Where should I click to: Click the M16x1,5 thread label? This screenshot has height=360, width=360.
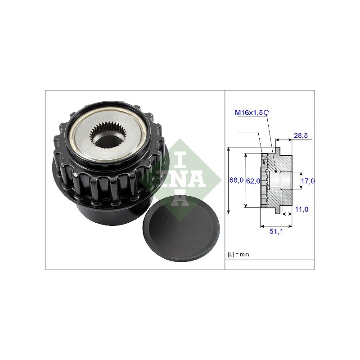[249, 112]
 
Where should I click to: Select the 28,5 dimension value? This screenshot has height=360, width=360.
[301, 135]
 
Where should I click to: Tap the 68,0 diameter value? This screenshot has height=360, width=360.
[236, 180]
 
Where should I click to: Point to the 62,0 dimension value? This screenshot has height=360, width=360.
[253, 181]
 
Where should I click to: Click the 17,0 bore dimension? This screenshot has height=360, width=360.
[308, 181]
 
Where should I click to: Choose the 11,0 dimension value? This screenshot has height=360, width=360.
[301, 209]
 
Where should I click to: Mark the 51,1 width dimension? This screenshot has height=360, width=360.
[276, 231]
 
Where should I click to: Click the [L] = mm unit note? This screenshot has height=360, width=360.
[238, 254]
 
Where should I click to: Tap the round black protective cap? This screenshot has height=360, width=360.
[181, 228]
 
